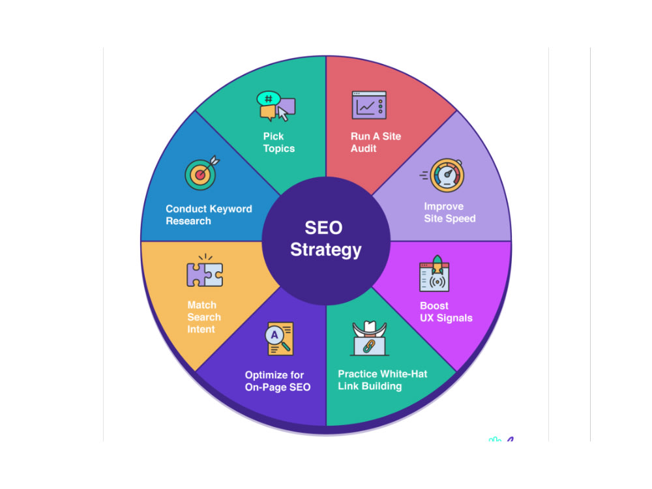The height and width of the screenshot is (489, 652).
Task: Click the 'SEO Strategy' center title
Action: (x=325, y=239)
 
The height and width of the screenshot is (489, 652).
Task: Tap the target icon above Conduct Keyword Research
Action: (x=201, y=173)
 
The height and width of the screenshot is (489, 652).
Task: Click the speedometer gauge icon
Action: (x=443, y=175)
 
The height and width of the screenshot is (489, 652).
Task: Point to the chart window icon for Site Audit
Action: (x=369, y=105)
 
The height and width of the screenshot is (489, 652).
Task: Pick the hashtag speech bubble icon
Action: (x=268, y=99)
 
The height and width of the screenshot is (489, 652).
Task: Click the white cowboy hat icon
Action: (x=370, y=328)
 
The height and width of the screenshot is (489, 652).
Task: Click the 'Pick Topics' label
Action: (x=278, y=142)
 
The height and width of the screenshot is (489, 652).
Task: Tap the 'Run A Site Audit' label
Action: (x=376, y=142)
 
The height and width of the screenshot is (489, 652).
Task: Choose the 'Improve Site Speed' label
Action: (x=449, y=213)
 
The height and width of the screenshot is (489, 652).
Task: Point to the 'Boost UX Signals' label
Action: (x=446, y=312)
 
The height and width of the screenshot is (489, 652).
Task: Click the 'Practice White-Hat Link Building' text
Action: (x=383, y=380)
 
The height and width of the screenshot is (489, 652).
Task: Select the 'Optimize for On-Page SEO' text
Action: (x=278, y=381)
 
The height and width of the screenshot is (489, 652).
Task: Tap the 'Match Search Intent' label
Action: (x=203, y=317)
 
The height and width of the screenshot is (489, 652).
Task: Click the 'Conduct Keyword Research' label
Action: (x=209, y=215)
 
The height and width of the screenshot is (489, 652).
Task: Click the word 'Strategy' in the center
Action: (x=325, y=250)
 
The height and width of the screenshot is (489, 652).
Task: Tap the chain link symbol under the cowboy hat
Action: (x=369, y=346)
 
